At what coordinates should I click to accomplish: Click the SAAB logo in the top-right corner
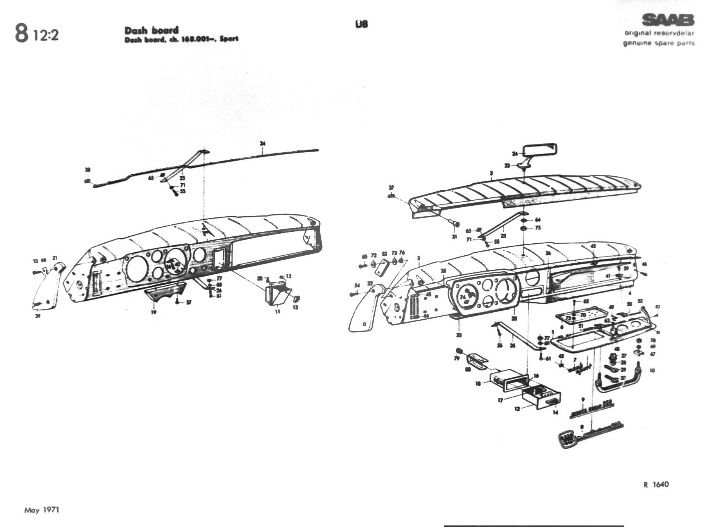pyautogui.click(x=668, y=20)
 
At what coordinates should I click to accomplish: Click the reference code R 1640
pyautogui.click(x=656, y=484)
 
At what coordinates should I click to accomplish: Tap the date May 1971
pyautogui.click(x=41, y=510)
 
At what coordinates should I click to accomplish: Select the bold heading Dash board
pyautogui.click(x=151, y=30)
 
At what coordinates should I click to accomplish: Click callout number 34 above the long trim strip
pyautogui.click(x=263, y=144)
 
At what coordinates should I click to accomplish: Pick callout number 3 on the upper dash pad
pyautogui.click(x=491, y=173)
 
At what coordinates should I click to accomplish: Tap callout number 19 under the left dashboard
pyautogui.click(x=153, y=312)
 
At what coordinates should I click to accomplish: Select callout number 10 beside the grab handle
pyautogui.click(x=653, y=370)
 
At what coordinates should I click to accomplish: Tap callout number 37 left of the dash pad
pyautogui.click(x=391, y=188)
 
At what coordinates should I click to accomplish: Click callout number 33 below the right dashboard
pyautogui.click(x=459, y=335)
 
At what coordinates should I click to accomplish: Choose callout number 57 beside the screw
pyautogui.click(x=189, y=303)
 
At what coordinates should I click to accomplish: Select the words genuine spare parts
pyautogui.click(x=658, y=43)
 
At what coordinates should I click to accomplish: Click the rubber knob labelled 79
pyautogui.click(x=460, y=351)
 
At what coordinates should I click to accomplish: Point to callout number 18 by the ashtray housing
pyautogui.click(x=478, y=384)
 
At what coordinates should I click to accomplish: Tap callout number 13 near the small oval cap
pyautogui.click(x=296, y=307)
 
